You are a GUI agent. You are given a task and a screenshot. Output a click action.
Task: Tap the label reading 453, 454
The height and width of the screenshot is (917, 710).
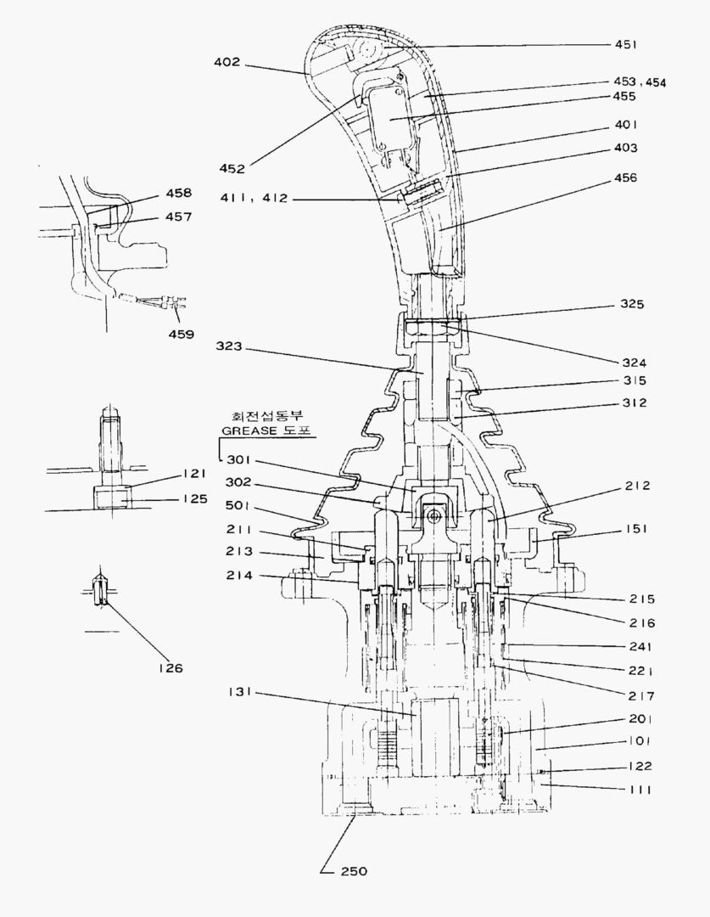click(640, 82)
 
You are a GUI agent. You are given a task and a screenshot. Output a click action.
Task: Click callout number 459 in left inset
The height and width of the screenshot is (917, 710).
click(179, 334)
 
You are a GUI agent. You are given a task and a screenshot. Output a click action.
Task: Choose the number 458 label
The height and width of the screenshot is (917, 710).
click(179, 193)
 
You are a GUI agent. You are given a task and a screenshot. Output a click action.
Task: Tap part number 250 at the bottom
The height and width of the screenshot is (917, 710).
click(354, 871)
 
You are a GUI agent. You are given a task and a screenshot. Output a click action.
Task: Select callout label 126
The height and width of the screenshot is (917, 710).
click(171, 667)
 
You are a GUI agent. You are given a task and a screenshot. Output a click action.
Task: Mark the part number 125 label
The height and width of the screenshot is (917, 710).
click(195, 499)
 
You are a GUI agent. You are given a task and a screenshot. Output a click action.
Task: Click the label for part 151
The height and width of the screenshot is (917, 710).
click(634, 528)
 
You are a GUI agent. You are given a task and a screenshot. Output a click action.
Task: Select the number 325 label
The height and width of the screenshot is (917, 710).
click(632, 303)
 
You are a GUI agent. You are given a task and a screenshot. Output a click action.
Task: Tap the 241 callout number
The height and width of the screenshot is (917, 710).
click(641, 646)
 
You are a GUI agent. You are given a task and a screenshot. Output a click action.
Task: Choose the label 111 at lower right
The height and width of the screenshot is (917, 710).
click(640, 790)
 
